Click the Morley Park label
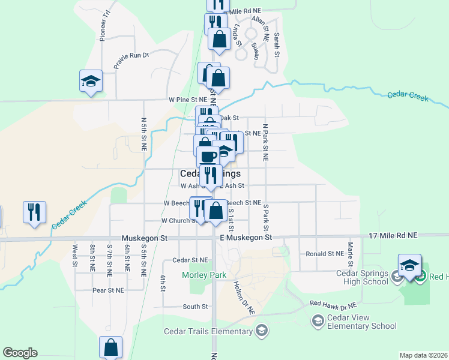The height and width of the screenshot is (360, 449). pos(204,275)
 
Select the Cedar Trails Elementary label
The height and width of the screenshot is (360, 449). pos(208,332)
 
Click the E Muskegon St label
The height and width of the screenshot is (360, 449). pos(246,238)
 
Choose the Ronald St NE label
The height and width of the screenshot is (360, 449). pos(324,254)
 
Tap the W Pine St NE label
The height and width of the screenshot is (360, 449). pos(188,99)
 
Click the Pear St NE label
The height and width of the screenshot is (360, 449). pos(108,290)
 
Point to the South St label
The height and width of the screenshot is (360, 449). pos(195,307)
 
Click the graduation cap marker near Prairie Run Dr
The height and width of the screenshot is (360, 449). pos(91,81)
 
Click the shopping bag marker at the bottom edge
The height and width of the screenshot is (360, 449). pos(111,347)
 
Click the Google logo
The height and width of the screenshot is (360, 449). pos(20,353)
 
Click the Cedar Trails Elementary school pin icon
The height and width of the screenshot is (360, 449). pos(261,331)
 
